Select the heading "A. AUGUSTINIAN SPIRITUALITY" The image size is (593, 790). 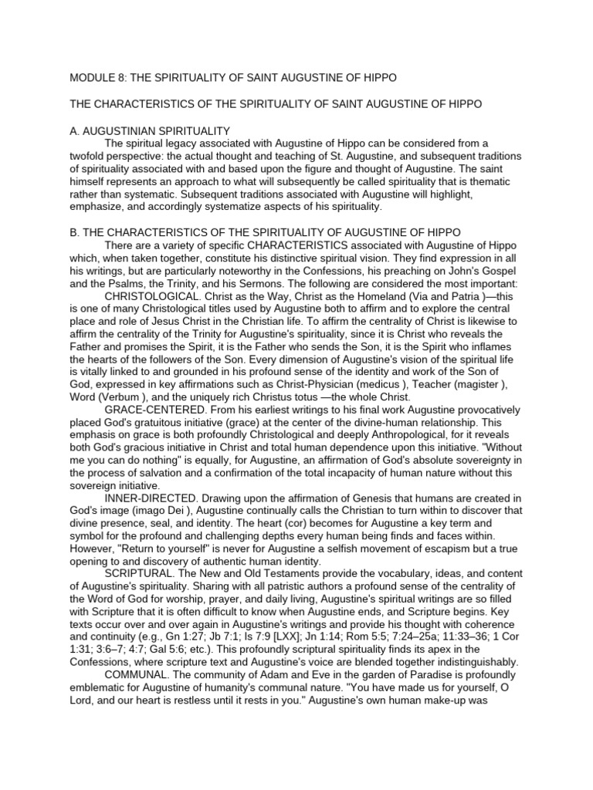(145, 130)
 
